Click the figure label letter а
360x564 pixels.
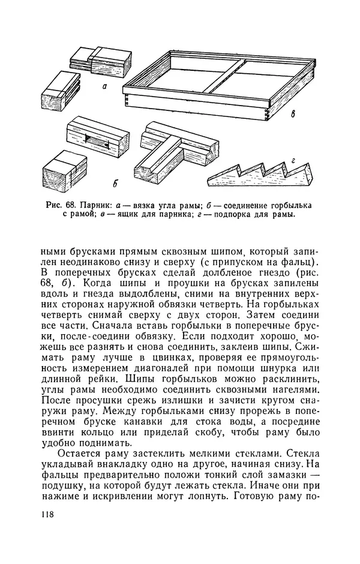click(x=104, y=86)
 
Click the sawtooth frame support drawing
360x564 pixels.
click(x=264, y=173)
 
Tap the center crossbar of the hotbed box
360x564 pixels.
click(x=221, y=76)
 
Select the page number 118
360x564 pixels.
click(x=49, y=514)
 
